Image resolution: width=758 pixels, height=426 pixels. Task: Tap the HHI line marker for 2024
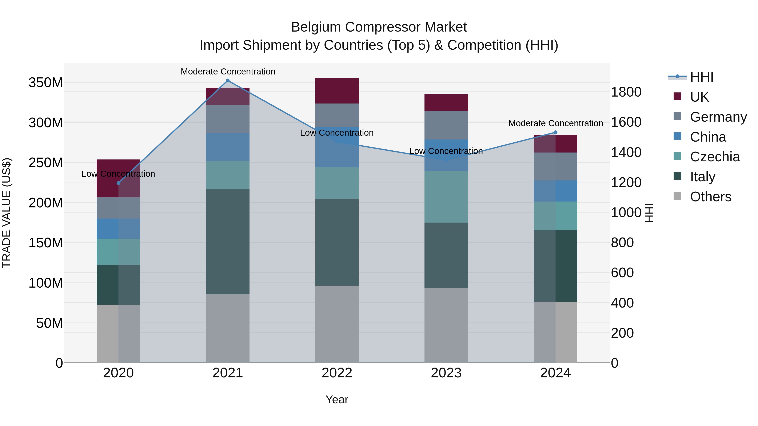[556, 132]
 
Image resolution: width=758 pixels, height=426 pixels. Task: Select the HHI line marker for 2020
[118, 183]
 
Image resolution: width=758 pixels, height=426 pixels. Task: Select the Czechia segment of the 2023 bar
[446, 197]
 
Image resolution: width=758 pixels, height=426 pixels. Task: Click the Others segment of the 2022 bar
[337, 324]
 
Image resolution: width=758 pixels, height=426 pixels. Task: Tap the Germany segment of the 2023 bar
[446, 125]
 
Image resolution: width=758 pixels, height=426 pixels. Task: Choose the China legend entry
[708, 137]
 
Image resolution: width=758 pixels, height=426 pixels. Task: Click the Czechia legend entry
[714, 157]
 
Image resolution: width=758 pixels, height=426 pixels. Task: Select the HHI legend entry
[702, 77]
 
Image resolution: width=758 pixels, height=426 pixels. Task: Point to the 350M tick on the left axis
[46, 83]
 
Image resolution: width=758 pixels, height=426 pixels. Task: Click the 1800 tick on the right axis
[626, 92]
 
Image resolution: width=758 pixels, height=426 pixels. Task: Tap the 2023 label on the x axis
[446, 373]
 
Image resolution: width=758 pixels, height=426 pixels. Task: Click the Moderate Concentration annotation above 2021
[228, 72]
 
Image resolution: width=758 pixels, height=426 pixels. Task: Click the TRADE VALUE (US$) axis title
[7, 213]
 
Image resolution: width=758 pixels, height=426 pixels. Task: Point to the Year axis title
[337, 399]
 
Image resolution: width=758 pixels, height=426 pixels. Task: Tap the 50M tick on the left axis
[49, 323]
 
